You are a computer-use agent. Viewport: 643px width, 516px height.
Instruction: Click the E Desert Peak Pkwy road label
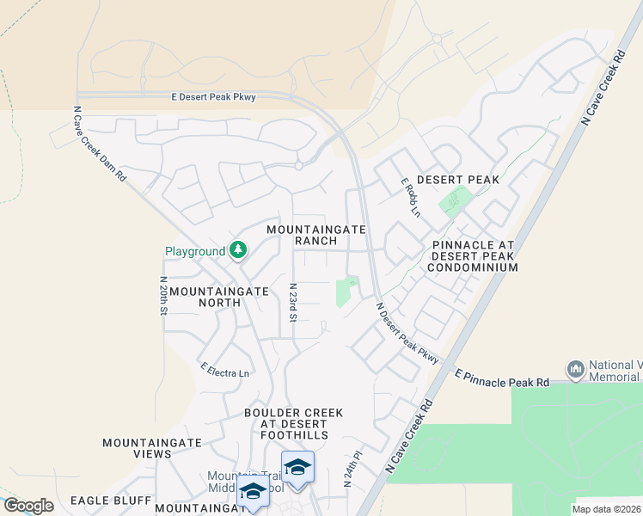click(213, 97)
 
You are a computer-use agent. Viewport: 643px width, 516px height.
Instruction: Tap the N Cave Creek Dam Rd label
click(100, 143)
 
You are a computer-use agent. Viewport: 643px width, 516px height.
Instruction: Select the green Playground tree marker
click(238, 250)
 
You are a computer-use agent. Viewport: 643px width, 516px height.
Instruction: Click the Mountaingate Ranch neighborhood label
click(316, 235)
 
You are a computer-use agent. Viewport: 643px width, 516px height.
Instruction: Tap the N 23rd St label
click(292, 303)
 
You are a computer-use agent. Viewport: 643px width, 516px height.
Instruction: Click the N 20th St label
click(162, 297)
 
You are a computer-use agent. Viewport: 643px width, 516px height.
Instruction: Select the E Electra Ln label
click(224, 370)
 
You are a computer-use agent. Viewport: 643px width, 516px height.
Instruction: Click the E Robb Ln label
click(411, 197)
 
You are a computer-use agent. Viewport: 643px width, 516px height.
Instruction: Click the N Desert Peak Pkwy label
click(407, 331)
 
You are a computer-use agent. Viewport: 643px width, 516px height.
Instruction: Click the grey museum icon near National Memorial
click(576, 370)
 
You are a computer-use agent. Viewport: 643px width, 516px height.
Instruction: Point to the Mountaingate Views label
click(152, 448)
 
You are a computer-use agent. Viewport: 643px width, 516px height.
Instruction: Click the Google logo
click(28, 506)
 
